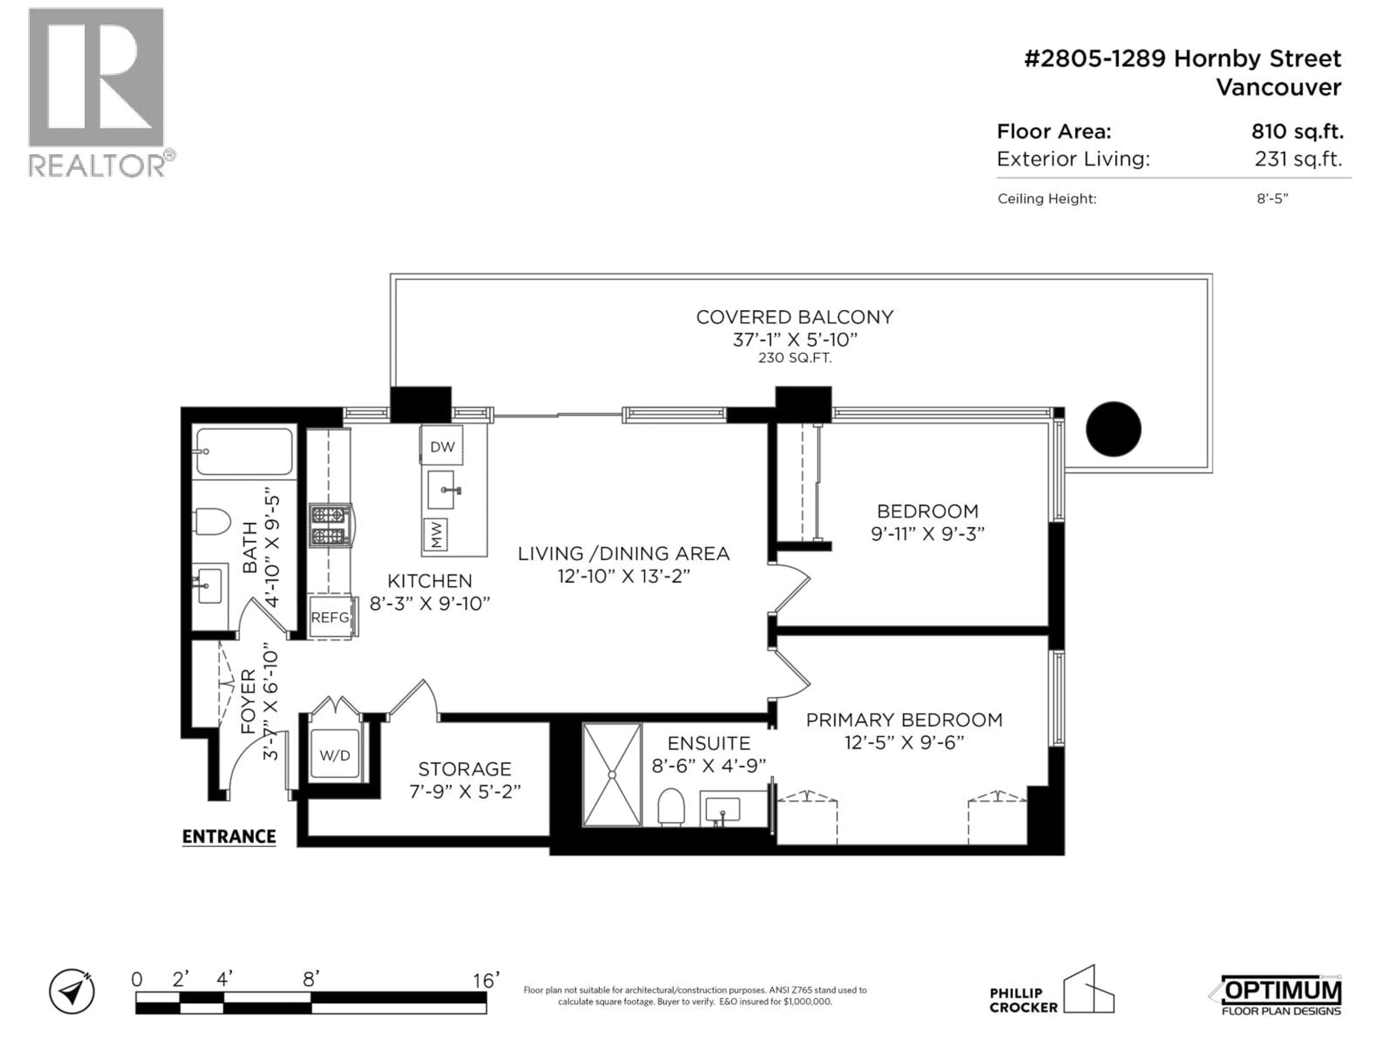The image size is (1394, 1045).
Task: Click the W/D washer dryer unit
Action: tap(335, 755)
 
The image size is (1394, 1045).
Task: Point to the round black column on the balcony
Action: tap(1113, 429)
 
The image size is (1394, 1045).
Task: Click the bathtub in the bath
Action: tap(244, 451)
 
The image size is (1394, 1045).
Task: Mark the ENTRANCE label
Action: tap(229, 836)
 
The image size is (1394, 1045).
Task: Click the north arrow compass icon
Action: tap(72, 991)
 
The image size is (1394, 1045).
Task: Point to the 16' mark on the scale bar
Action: tap(486, 980)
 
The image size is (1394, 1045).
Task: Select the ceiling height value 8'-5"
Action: tap(1272, 198)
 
